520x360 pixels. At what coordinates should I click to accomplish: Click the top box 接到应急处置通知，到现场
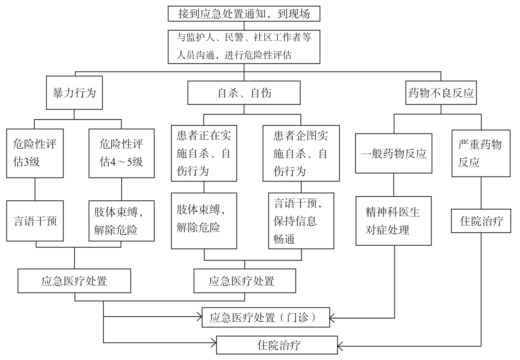pyautogui.click(x=244, y=14)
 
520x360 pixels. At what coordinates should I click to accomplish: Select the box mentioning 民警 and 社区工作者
pyautogui.click(x=244, y=47)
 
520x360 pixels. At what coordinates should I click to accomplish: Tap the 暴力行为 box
pyautogui.click(x=74, y=93)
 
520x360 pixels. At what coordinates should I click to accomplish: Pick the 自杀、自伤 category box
pyautogui.click(x=244, y=93)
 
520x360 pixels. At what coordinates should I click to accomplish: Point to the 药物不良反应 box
pyautogui.click(x=441, y=93)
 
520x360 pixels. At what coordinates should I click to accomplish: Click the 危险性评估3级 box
pyautogui.click(x=35, y=153)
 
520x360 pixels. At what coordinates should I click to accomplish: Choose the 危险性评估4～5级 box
pyautogui.click(x=122, y=153)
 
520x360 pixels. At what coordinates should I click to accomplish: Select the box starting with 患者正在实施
pyautogui.click(x=204, y=153)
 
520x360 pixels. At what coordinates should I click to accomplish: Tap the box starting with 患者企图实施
pyautogui.click(x=301, y=153)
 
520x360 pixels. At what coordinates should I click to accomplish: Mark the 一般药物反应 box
pyautogui.click(x=393, y=153)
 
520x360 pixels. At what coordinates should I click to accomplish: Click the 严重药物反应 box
pyautogui.click(x=481, y=153)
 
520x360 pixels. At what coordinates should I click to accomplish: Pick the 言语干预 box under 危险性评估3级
pyautogui.click(x=35, y=221)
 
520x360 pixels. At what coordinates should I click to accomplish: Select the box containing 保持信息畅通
pyautogui.click(x=301, y=221)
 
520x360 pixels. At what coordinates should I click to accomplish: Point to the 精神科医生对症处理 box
pyautogui.click(x=393, y=221)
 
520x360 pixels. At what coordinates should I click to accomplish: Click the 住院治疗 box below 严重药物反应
pyautogui.click(x=481, y=221)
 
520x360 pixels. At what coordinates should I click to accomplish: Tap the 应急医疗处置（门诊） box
pyautogui.click(x=266, y=318)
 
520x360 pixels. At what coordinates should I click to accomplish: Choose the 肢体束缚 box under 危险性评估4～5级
pyautogui.click(x=122, y=221)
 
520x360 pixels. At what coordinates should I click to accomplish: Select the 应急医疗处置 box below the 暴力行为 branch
pyautogui.click(x=74, y=281)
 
